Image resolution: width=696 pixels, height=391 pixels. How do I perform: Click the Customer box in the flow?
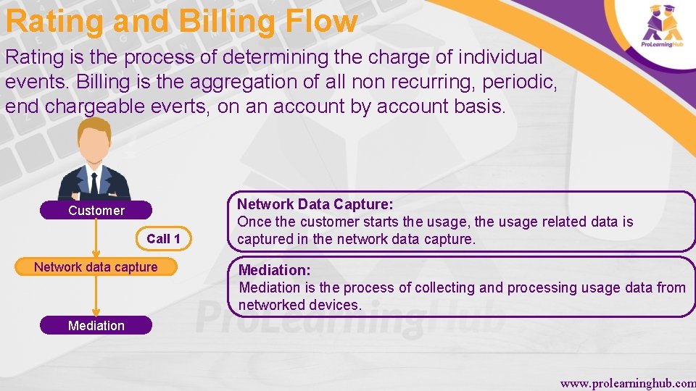click(96, 211)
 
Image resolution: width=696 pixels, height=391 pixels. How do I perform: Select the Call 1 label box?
click(163, 238)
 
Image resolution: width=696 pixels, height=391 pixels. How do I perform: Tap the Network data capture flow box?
click(96, 267)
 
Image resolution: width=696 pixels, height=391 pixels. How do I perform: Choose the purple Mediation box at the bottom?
click(96, 326)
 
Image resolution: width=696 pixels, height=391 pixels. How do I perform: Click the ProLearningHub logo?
click(662, 27)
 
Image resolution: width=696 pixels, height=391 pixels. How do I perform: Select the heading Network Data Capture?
click(315, 205)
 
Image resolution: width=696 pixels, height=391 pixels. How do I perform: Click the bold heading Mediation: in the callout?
click(275, 270)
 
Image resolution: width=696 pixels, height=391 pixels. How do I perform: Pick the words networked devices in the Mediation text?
click(299, 305)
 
